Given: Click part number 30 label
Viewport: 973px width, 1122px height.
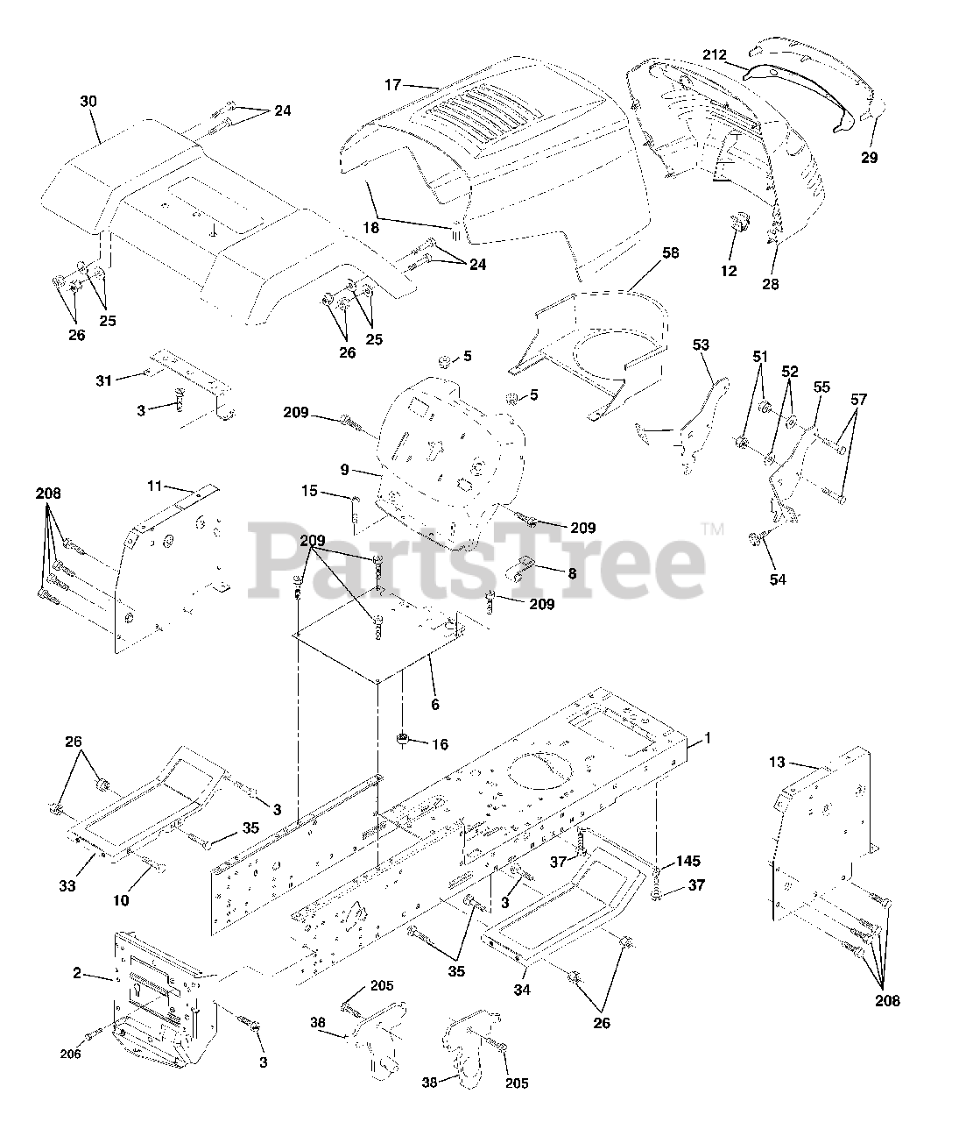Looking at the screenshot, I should (x=88, y=102).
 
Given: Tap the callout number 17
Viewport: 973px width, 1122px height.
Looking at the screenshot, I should (x=392, y=85).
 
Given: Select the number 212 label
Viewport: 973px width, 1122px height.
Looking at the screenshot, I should (x=714, y=55).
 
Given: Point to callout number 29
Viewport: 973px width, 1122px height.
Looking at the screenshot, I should (x=869, y=159).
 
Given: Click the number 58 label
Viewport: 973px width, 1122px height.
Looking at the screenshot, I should (x=670, y=252).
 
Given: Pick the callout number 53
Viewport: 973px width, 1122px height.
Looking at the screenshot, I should (x=701, y=344).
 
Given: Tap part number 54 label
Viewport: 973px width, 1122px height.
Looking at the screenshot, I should (x=778, y=579).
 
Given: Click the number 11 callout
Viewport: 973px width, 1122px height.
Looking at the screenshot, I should (x=155, y=486).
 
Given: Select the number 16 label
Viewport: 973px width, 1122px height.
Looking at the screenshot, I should (x=439, y=744).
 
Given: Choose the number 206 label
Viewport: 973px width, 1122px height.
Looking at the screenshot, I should (x=70, y=1054).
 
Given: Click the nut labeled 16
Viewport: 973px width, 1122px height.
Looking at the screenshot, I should (x=403, y=739).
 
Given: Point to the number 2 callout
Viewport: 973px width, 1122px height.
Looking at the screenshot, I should (x=77, y=973).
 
